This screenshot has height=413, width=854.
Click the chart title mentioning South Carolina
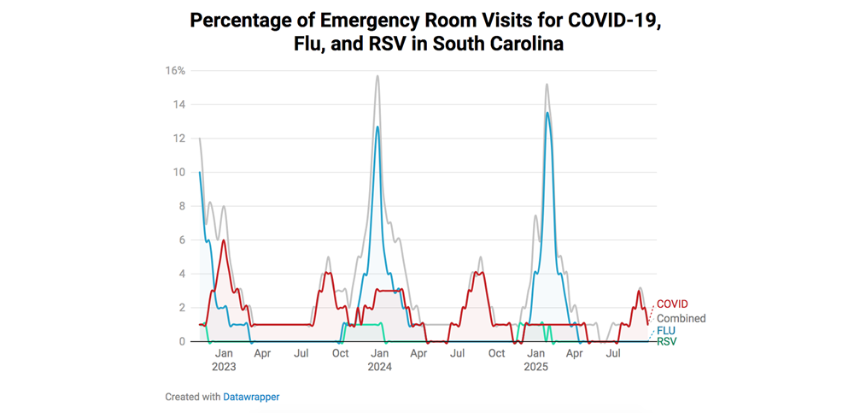426,32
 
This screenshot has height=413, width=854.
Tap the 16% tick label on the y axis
175,71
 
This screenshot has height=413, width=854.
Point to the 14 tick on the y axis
179,104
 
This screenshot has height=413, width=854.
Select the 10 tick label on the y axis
179,172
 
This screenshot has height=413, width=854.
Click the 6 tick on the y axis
182,239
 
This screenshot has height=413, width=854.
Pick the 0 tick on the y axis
182,341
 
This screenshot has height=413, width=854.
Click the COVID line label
672,304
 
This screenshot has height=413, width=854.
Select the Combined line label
681,318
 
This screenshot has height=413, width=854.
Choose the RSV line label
667,342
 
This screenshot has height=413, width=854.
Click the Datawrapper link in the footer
251,397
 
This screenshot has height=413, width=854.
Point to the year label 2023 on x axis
224,367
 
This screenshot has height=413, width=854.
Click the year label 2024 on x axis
379,367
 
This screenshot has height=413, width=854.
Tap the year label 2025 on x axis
535,367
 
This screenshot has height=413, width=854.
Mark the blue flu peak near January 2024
377,127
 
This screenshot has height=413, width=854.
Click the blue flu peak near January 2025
547,113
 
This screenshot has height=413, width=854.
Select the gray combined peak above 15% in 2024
377,76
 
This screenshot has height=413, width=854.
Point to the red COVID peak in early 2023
224,240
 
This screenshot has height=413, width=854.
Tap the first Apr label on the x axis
262,352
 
